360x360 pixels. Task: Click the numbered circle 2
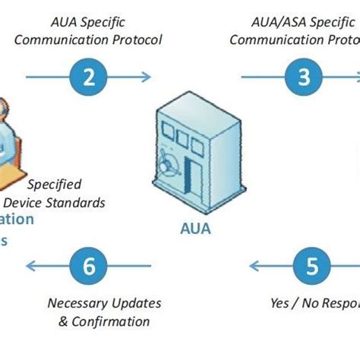[x=90, y=76]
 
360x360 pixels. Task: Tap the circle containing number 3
[x=303, y=76]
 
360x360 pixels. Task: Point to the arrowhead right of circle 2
[x=146, y=76]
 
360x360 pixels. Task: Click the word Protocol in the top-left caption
[x=137, y=39]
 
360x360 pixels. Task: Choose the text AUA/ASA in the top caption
[x=283, y=22]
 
